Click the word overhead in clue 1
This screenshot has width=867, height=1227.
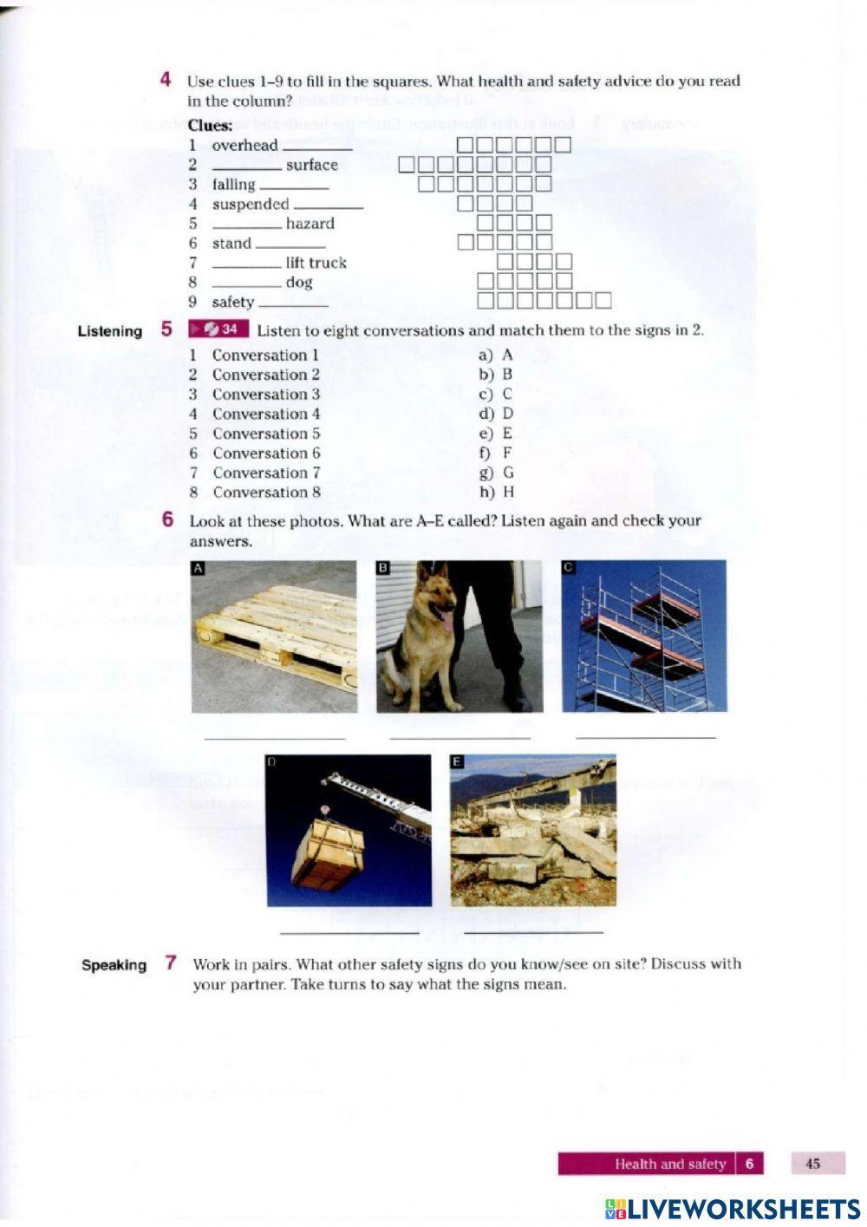[x=244, y=146]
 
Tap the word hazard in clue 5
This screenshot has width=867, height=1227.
[x=310, y=224]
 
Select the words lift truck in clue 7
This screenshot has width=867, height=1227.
[x=316, y=263]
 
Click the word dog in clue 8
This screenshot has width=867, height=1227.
[x=299, y=283]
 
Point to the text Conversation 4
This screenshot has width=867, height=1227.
[x=266, y=414]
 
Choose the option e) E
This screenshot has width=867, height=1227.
[x=496, y=434]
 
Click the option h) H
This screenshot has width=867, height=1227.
[x=497, y=493]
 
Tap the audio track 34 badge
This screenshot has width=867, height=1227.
[x=218, y=330]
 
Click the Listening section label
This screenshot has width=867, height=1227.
[x=109, y=331]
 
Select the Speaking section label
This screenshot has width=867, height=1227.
[x=114, y=965]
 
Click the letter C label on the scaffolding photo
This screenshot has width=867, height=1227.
[x=569, y=568]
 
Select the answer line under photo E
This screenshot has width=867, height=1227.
[x=533, y=933]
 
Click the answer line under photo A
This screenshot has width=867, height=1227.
[x=274, y=738]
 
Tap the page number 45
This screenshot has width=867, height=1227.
[x=812, y=1164]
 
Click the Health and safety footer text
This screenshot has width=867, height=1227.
[x=669, y=1164]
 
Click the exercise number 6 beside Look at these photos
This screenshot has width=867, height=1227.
[x=167, y=520]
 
